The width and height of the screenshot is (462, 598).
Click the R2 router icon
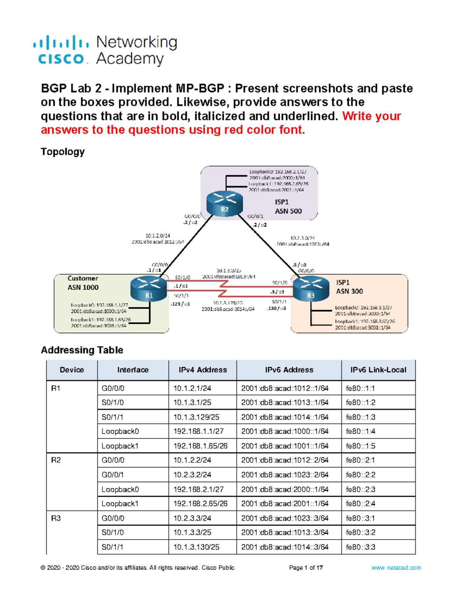click(x=224, y=204)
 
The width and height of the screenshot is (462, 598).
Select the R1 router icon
click(x=149, y=290)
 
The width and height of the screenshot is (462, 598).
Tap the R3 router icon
click(x=311, y=290)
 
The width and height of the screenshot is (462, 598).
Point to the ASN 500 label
click(x=288, y=211)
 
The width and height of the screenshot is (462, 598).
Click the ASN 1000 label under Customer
click(x=83, y=287)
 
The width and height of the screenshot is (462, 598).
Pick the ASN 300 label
click(x=349, y=291)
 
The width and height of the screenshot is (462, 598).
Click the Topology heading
click(x=62, y=152)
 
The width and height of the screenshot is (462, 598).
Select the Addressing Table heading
click(x=82, y=350)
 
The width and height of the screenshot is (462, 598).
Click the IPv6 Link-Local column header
click(x=378, y=370)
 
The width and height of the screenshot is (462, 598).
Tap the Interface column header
click(x=133, y=370)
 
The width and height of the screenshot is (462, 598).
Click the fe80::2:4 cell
click(x=360, y=504)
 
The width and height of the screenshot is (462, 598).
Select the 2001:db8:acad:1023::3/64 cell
click(x=285, y=518)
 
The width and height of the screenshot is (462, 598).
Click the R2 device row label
click(x=56, y=461)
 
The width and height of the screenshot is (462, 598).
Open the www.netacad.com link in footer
click(x=396, y=568)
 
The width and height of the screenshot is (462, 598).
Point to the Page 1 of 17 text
click(x=306, y=568)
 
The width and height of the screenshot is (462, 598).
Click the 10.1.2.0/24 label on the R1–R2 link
click(x=157, y=236)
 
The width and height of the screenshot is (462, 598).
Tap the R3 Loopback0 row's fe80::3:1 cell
click(x=360, y=518)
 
